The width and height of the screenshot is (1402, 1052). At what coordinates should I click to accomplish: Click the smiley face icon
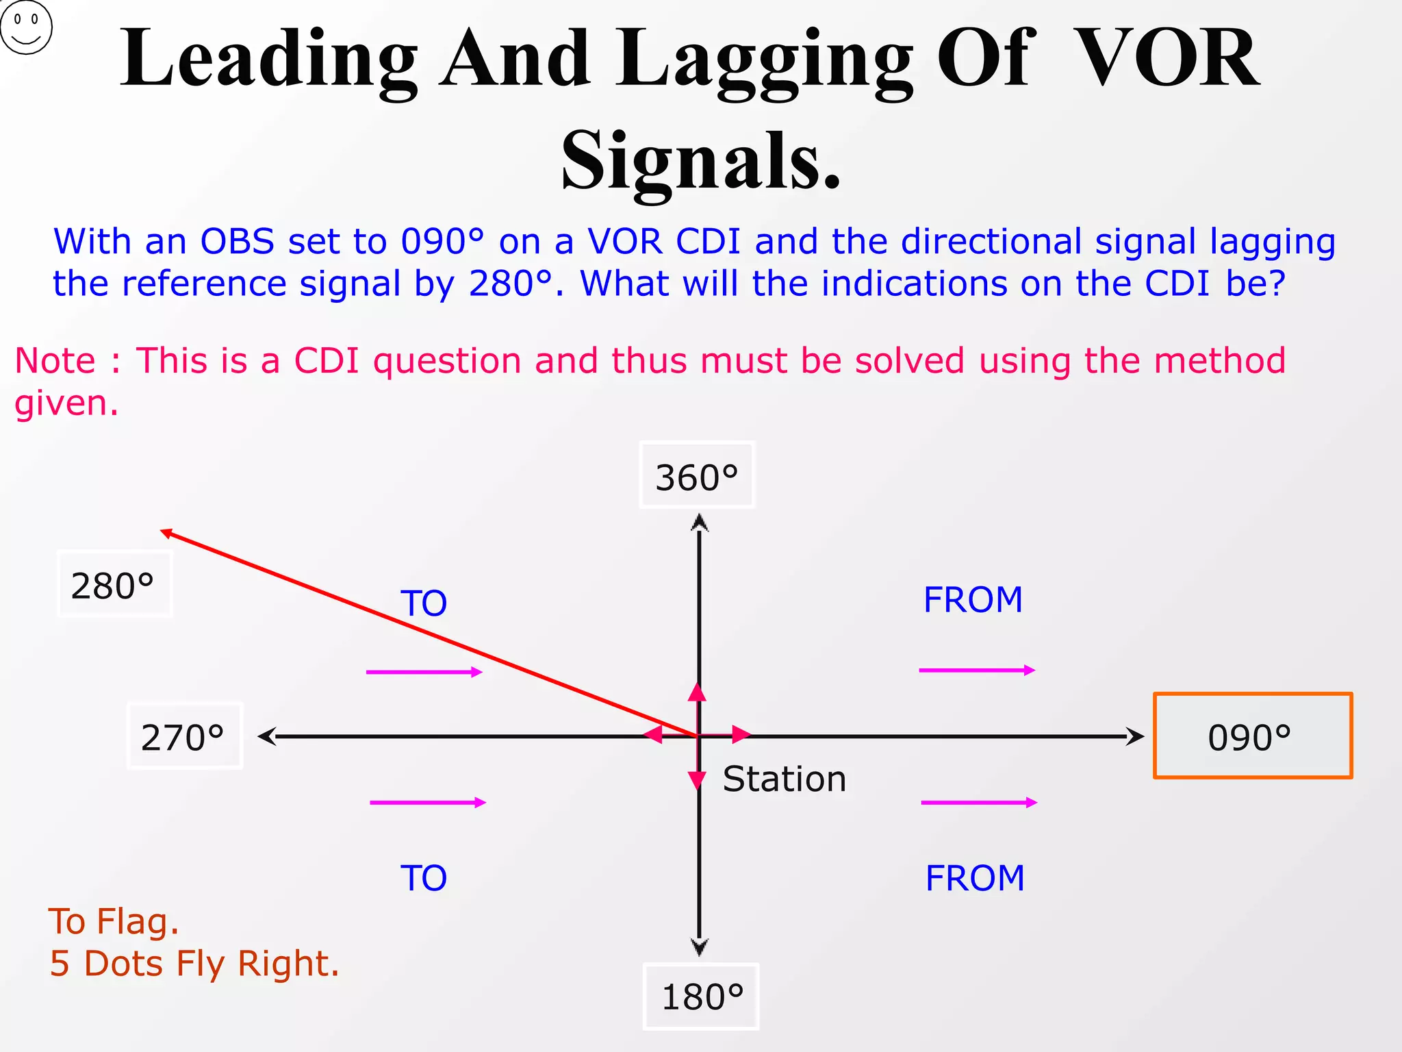click(x=26, y=27)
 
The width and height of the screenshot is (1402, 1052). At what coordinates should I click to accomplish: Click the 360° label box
click(x=697, y=476)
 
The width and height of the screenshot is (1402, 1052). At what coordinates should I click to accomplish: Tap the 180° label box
click(x=701, y=997)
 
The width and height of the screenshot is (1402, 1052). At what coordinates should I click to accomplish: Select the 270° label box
click(x=184, y=737)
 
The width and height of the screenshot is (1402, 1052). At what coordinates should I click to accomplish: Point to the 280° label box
click(x=114, y=585)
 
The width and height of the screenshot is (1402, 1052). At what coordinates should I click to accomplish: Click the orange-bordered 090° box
click(x=1252, y=736)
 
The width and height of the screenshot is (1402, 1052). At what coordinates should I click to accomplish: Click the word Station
click(x=785, y=779)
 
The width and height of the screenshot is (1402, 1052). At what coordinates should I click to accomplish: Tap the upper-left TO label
click(x=424, y=603)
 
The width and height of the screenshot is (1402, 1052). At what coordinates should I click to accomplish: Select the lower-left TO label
click(x=424, y=878)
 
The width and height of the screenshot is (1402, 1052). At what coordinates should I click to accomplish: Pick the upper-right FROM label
click(x=973, y=600)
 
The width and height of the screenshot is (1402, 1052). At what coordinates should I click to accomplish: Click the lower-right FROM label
click(x=975, y=878)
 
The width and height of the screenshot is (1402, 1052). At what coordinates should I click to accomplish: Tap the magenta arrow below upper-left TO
click(x=424, y=672)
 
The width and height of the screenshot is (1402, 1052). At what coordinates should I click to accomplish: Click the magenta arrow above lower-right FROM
click(x=979, y=802)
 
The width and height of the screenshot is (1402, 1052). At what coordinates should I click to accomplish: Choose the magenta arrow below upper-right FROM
click(x=977, y=670)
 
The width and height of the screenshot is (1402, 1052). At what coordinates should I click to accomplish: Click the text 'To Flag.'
click(x=114, y=921)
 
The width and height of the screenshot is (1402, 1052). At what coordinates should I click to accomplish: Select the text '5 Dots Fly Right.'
click(x=194, y=964)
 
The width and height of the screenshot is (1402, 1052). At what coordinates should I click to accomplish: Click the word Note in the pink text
click(x=55, y=361)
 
